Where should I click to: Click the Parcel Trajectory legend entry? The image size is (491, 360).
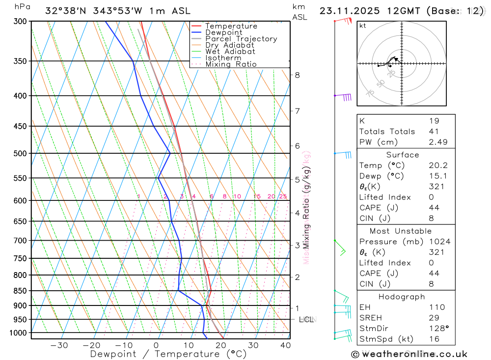click(241, 39)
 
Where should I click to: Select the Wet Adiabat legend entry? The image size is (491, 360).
click(230, 52)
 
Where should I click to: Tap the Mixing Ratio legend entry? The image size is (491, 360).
click(231, 64)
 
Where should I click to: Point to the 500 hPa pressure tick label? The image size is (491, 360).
click(20, 154)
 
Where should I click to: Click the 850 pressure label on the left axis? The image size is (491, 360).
click(20, 291)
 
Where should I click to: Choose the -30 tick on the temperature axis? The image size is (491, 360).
click(59, 345)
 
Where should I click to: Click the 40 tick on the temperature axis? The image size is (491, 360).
click(285, 345)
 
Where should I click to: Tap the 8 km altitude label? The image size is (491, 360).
click(298, 75)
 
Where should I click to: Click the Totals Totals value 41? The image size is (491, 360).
click(433, 131)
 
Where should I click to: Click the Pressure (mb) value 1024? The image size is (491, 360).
click(439, 242)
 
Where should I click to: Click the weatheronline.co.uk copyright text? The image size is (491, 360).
click(409, 354)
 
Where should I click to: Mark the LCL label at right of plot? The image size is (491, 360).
click(306, 320)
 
